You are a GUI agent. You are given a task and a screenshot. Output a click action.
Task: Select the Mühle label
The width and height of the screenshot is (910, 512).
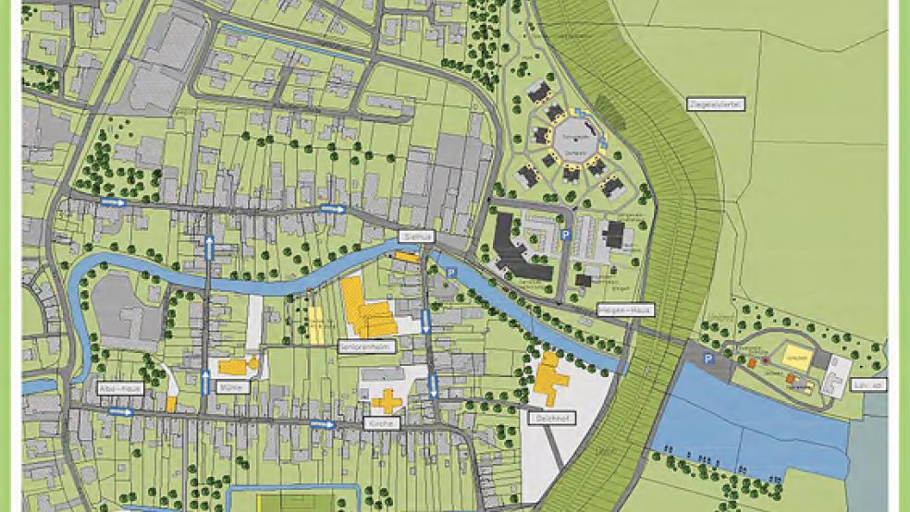point(233,387)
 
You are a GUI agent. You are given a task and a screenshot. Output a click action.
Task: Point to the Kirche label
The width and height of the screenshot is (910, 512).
point(387,423)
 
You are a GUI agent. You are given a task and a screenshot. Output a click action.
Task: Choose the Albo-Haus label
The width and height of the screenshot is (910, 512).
point(118,389)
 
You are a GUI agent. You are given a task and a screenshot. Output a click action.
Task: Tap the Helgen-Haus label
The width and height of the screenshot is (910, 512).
point(620,311)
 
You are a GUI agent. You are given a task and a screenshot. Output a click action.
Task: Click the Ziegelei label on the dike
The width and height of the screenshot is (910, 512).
point(716,105)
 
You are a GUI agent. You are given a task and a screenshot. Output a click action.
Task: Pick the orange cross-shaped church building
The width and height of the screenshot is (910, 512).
point(387,400)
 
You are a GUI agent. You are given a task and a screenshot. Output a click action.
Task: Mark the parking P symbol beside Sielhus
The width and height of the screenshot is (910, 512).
point(450,273)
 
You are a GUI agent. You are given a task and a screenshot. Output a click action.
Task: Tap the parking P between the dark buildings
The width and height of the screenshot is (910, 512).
point(566,237)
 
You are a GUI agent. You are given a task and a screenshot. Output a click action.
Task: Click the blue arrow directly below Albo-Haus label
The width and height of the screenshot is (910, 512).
point(120,412)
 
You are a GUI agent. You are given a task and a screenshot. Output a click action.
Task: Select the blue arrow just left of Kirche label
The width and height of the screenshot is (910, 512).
point(322,424)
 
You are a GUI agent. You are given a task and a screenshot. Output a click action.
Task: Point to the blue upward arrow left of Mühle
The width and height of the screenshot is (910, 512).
point(205,380)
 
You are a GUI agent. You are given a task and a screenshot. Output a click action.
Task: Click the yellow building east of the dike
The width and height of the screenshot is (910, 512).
point(797,356)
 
